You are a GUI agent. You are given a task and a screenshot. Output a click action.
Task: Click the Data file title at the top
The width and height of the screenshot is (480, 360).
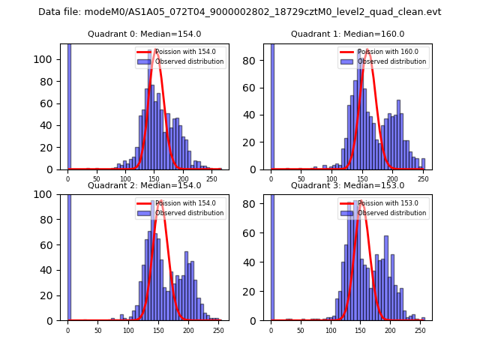coord(239,12)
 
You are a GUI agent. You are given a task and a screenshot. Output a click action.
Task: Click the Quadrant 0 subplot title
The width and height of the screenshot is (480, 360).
coord(144,34)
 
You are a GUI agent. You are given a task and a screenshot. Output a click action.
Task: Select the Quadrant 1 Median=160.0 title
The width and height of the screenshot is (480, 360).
coord(347,34)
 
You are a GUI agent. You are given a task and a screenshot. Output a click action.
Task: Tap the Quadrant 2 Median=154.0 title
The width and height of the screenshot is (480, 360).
coord(144,185)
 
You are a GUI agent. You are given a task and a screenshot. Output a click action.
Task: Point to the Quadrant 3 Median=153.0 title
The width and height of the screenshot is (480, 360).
coord(347,185)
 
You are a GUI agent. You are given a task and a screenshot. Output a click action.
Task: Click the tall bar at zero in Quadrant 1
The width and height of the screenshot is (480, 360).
coord(271,105)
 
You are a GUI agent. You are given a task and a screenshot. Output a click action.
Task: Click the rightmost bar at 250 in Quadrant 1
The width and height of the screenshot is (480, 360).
coord(423,164)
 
